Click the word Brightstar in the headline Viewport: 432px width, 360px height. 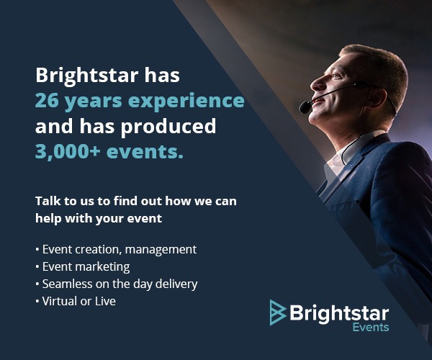[87, 76]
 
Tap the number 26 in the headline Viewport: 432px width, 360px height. [47, 101]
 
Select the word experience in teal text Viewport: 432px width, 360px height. [186, 102]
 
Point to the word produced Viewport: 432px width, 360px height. [168, 127]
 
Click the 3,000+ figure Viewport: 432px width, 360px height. [68, 152]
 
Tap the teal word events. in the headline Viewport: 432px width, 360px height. [145, 152]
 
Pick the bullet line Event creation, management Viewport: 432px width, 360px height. [116, 250]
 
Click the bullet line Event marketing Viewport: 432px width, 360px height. [83, 267]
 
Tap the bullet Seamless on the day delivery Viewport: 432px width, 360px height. [117, 284]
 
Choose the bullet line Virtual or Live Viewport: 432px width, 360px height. [76, 301]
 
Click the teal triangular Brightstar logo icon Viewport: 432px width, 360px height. [278, 312]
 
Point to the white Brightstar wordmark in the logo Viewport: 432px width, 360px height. [339, 313]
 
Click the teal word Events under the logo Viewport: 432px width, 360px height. [371, 328]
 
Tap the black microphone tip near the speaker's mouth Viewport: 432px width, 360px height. [305, 107]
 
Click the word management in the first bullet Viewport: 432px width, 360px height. [161, 250]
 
